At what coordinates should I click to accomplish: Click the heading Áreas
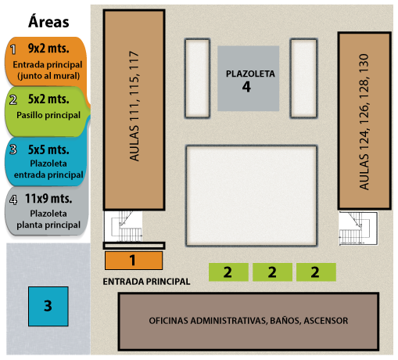(x=48, y=21)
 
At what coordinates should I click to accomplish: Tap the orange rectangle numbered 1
(x=134, y=261)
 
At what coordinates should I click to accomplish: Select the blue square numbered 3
(x=48, y=306)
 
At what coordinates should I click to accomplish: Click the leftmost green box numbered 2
(x=228, y=272)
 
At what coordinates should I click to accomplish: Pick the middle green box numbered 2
(x=272, y=272)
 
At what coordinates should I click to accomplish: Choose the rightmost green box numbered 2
(x=316, y=272)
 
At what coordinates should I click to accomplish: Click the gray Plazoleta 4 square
(x=249, y=78)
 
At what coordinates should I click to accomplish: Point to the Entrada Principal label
(x=146, y=282)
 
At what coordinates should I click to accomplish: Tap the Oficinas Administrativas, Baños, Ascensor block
(x=249, y=322)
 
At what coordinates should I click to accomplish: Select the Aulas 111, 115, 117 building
(x=134, y=110)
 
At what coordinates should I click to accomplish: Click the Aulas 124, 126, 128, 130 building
(x=364, y=121)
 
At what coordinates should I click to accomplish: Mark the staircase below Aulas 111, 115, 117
(x=124, y=226)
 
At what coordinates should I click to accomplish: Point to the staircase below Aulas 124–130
(x=358, y=229)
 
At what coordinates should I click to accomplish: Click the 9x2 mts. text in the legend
(x=48, y=49)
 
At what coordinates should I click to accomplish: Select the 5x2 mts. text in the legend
(x=48, y=99)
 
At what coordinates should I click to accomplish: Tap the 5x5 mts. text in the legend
(x=48, y=149)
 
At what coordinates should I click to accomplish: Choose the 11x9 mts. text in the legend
(x=48, y=199)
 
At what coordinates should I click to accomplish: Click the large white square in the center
(x=251, y=196)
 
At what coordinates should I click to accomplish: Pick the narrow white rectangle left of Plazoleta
(x=197, y=78)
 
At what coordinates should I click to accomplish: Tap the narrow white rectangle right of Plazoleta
(x=303, y=78)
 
